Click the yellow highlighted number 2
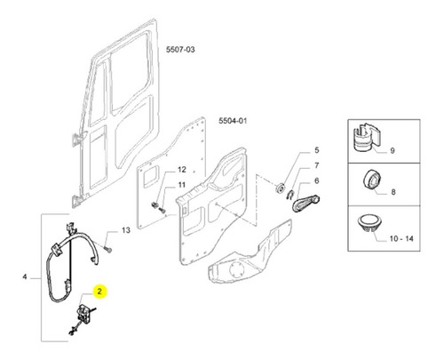coord(99,292)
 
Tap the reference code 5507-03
coord(180,50)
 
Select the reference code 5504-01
coord(233,121)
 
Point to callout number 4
coord(25,276)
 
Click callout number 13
coord(126,230)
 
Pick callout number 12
coord(182,170)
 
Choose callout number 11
coord(181,185)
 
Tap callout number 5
coord(317,150)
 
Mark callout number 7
coord(317,165)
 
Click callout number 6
coord(317,180)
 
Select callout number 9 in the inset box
coord(392,150)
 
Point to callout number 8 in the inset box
coord(393,192)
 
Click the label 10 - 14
coord(401,238)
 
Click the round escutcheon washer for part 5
coord(280,188)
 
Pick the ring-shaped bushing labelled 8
coord(372,180)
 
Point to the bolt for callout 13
coord(108,250)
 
